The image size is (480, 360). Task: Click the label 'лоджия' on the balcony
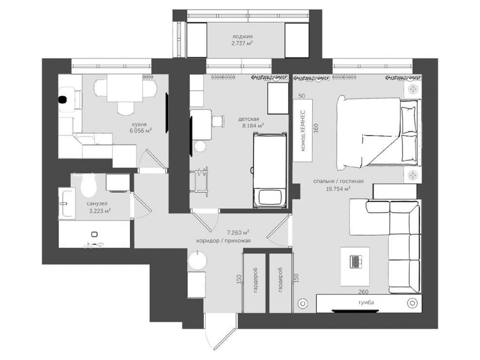(242, 36)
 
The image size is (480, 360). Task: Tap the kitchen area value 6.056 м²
(141, 131)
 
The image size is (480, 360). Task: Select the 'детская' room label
(249, 119)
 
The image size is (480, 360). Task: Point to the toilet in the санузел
(89, 186)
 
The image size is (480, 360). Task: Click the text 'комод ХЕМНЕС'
(303, 131)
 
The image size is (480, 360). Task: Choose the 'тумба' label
(366, 303)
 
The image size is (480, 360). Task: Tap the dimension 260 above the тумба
(363, 291)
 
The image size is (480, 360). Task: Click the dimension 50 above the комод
(302, 96)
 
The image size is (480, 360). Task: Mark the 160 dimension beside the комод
(316, 128)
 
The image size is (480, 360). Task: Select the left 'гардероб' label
(256, 280)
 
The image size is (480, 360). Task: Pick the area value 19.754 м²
(338, 189)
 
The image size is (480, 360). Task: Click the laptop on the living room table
(355, 262)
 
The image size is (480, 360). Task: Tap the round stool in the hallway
(197, 260)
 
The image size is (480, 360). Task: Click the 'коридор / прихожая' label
(223, 240)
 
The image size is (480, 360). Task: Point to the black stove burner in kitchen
(63, 100)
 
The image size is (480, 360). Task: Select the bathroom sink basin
(67, 203)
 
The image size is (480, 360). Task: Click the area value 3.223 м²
(100, 211)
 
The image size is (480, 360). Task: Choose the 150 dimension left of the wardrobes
(239, 279)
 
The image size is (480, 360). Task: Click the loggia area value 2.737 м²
(242, 43)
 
